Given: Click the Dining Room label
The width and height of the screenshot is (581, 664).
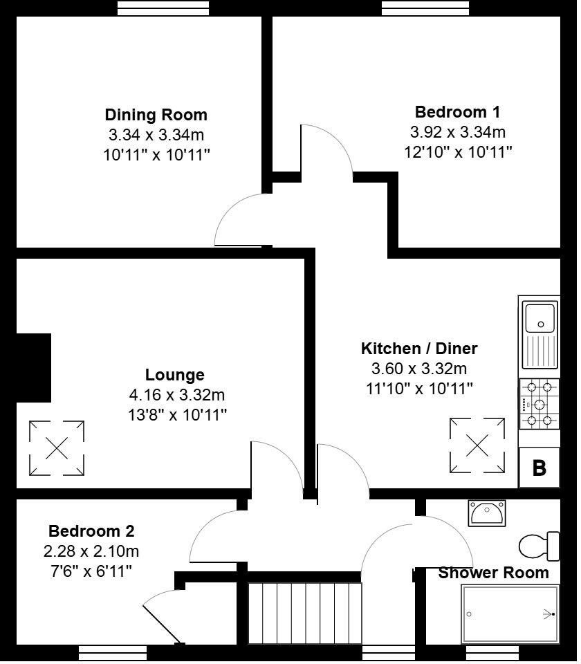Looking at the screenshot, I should [x=156, y=115].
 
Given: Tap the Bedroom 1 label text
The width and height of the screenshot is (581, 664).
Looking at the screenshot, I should [x=457, y=112].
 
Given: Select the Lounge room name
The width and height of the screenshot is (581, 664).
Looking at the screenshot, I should [x=174, y=375].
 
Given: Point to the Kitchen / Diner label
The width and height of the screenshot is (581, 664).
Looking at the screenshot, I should [x=419, y=349].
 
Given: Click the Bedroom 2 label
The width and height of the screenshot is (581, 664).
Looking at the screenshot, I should [x=91, y=531].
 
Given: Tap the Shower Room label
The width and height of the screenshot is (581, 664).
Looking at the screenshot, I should [x=493, y=573].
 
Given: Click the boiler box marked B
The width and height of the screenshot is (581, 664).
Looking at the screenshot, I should [x=539, y=468].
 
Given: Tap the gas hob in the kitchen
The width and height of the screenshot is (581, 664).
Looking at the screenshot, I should [x=539, y=404].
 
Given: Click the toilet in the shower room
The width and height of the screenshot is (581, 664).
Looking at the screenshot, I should [x=539, y=546].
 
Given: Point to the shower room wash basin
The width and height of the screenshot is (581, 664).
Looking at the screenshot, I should [x=487, y=513].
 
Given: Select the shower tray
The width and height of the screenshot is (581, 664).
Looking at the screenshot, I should [x=510, y=614].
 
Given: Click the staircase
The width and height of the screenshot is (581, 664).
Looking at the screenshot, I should [x=304, y=614].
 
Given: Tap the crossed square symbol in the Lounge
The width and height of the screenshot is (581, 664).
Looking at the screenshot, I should [x=57, y=448].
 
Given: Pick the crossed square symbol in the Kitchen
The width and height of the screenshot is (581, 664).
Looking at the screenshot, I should [x=477, y=445].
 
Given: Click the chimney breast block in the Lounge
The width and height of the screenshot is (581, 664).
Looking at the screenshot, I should [x=33, y=367].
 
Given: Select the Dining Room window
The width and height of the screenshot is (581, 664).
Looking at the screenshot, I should [x=163, y=8].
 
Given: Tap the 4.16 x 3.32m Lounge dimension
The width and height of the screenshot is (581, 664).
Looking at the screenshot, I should [x=176, y=395].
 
